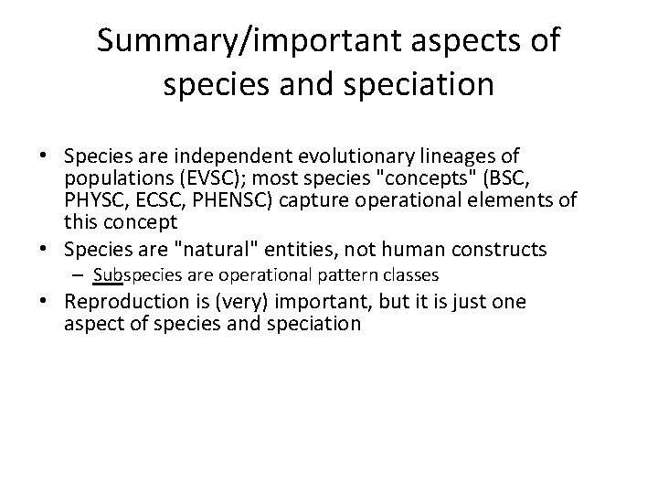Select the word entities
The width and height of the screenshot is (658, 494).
285,249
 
